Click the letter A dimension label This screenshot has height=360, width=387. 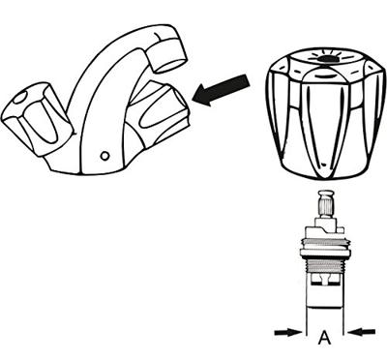point(325,338)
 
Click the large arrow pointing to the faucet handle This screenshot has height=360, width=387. point(221,90)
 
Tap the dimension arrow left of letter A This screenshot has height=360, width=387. point(287,332)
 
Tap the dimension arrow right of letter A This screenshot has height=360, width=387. point(362,332)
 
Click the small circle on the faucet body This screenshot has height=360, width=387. point(104,156)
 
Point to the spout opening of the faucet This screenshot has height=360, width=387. point(170,65)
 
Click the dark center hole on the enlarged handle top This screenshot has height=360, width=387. point(326,59)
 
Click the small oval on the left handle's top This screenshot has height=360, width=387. point(19,98)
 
